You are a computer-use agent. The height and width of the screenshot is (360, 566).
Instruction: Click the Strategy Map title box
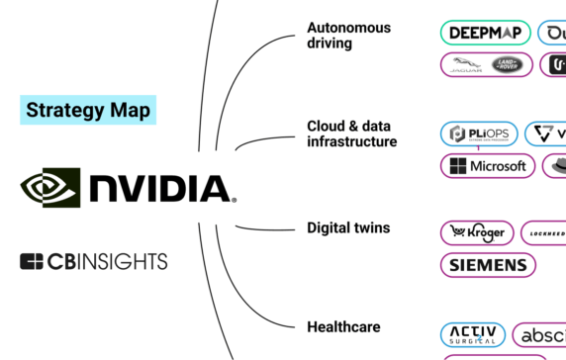[88, 109]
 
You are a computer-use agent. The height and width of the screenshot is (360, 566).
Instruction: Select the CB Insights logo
[94, 261]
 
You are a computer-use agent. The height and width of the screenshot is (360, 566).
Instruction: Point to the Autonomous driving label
[348, 35]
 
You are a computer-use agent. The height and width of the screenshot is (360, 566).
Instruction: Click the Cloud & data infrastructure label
[351, 134]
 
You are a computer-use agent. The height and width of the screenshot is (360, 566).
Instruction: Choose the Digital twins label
[348, 227]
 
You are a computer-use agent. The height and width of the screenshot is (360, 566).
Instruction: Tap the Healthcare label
[343, 326]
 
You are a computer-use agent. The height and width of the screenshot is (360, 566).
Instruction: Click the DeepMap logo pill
[485, 33]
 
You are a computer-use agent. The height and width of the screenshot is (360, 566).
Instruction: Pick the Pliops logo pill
[479, 134]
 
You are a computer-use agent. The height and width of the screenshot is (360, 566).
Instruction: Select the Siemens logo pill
[488, 265]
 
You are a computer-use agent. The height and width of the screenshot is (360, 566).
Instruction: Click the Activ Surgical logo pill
[473, 334]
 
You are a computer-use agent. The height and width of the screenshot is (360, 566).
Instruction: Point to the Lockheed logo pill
[544, 232]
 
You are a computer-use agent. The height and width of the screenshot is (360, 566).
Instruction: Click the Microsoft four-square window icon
[457, 166]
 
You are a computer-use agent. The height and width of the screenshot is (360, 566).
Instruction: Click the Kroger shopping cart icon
[457, 231]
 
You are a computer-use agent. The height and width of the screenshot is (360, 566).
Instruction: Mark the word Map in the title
[132, 109]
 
